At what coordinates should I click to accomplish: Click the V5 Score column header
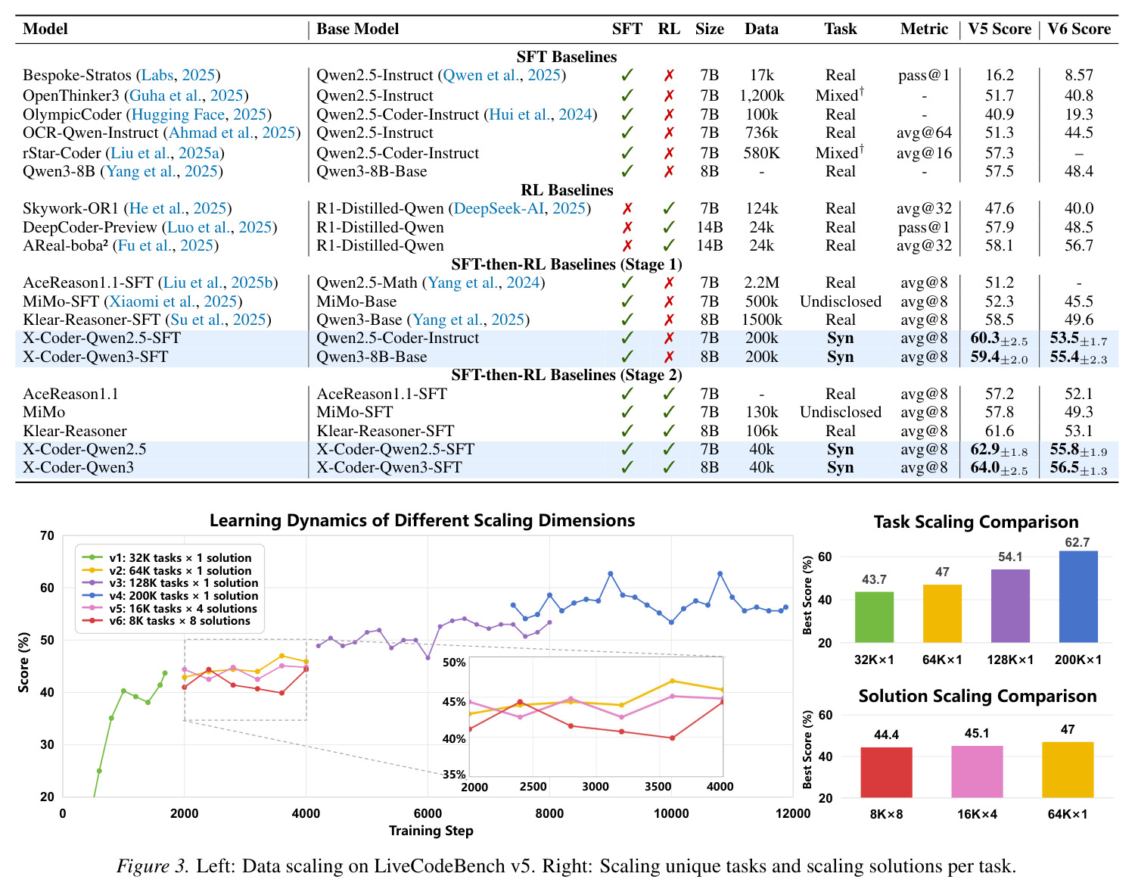pos(1000,29)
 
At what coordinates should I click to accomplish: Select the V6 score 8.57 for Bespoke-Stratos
pos(1078,75)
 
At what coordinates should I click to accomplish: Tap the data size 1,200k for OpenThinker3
pos(761,95)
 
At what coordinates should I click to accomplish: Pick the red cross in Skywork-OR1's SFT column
pos(627,208)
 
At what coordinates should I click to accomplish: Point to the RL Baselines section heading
pos(567,190)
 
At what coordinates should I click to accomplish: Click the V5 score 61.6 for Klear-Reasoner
pos(1000,431)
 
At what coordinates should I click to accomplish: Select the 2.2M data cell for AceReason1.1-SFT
pos(761,282)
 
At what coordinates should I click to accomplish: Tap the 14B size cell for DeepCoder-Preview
pos(709,227)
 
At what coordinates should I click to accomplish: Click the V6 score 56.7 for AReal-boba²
pos(1078,245)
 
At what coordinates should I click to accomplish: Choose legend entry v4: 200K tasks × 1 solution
pos(170,596)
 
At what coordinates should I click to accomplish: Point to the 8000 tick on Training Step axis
pos(549,813)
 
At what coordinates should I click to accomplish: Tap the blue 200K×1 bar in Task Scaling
pos(1078,597)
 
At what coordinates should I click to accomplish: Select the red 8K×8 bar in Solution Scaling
pos(886,772)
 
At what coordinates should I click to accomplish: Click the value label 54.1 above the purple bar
pos(1010,557)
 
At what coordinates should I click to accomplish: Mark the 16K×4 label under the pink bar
pos(977,814)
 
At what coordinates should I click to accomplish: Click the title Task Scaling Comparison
pos(976,522)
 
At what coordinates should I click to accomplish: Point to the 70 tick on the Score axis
pos(47,535)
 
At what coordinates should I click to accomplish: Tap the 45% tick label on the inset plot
pos(454,701)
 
